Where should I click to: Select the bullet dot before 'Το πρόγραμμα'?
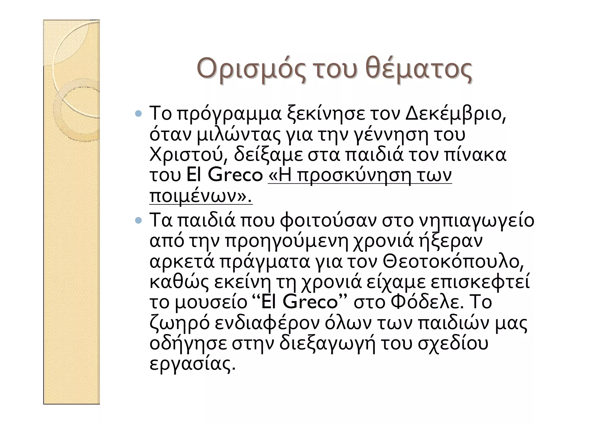(139, 113)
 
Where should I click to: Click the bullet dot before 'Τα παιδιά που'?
(139, 219)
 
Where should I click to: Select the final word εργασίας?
(192, 364)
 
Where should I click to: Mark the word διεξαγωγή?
(327, 344)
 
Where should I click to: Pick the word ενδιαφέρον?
(267, 323)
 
